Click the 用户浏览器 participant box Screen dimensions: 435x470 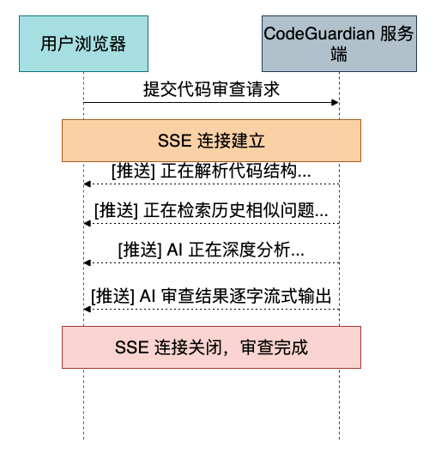point(83,44)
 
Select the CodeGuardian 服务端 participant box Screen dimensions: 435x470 point(339,44)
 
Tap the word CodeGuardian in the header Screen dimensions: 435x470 point(319,33)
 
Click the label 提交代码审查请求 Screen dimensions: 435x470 point(211,89)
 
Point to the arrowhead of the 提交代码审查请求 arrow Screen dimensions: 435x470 point(335,103)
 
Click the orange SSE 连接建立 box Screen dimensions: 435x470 point(211,141)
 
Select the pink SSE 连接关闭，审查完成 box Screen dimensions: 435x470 point(211,347)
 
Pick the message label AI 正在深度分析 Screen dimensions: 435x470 point(236,250)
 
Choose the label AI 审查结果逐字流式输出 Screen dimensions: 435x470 point(236,296)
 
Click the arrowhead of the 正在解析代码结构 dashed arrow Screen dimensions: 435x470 point(88,184)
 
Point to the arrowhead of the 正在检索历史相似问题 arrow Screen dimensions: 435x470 point(88,223)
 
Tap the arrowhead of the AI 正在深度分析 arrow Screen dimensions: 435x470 point(88,263)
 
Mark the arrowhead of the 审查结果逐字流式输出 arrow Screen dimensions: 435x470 point(88,309)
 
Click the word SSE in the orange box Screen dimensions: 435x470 point(175,141)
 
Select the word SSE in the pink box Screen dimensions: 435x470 point(132,347)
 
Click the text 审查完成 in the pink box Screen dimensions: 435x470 point(274,347)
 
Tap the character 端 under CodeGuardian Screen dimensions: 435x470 point(339,54)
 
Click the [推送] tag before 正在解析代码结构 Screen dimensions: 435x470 point(134,172)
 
